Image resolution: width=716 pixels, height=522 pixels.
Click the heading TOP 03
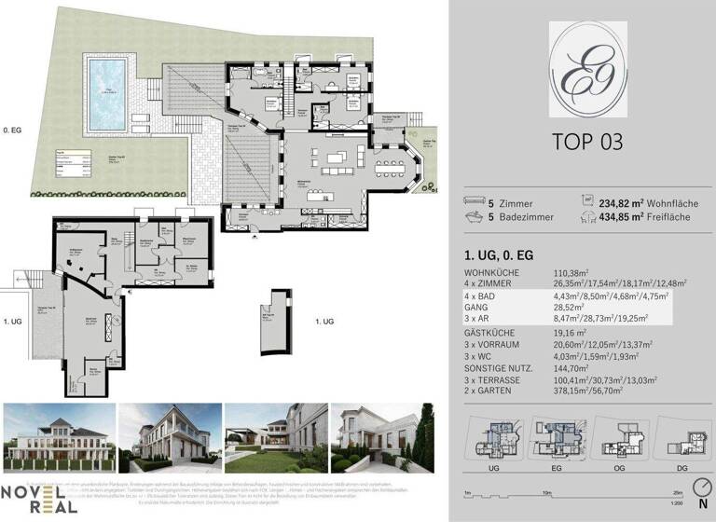tap(582, 142)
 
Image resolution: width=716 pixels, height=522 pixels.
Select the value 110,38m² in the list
tap(576, 270)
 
